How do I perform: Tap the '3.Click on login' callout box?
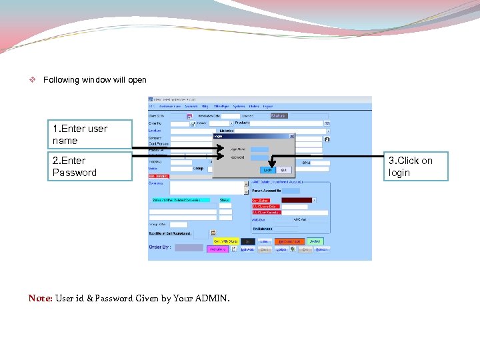point(418,167)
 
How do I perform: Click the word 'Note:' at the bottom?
point(39,299)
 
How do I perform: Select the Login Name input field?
point(259,149)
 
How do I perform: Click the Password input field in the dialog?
point(259,158)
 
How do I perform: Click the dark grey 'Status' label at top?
point(278,115)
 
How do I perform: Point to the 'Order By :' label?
point(161,247)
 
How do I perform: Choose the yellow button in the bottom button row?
point(226,241)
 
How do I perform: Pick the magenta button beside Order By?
point(218,249)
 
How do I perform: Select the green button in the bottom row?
point(315,241)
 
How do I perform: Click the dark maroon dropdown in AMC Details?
point(297,199)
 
